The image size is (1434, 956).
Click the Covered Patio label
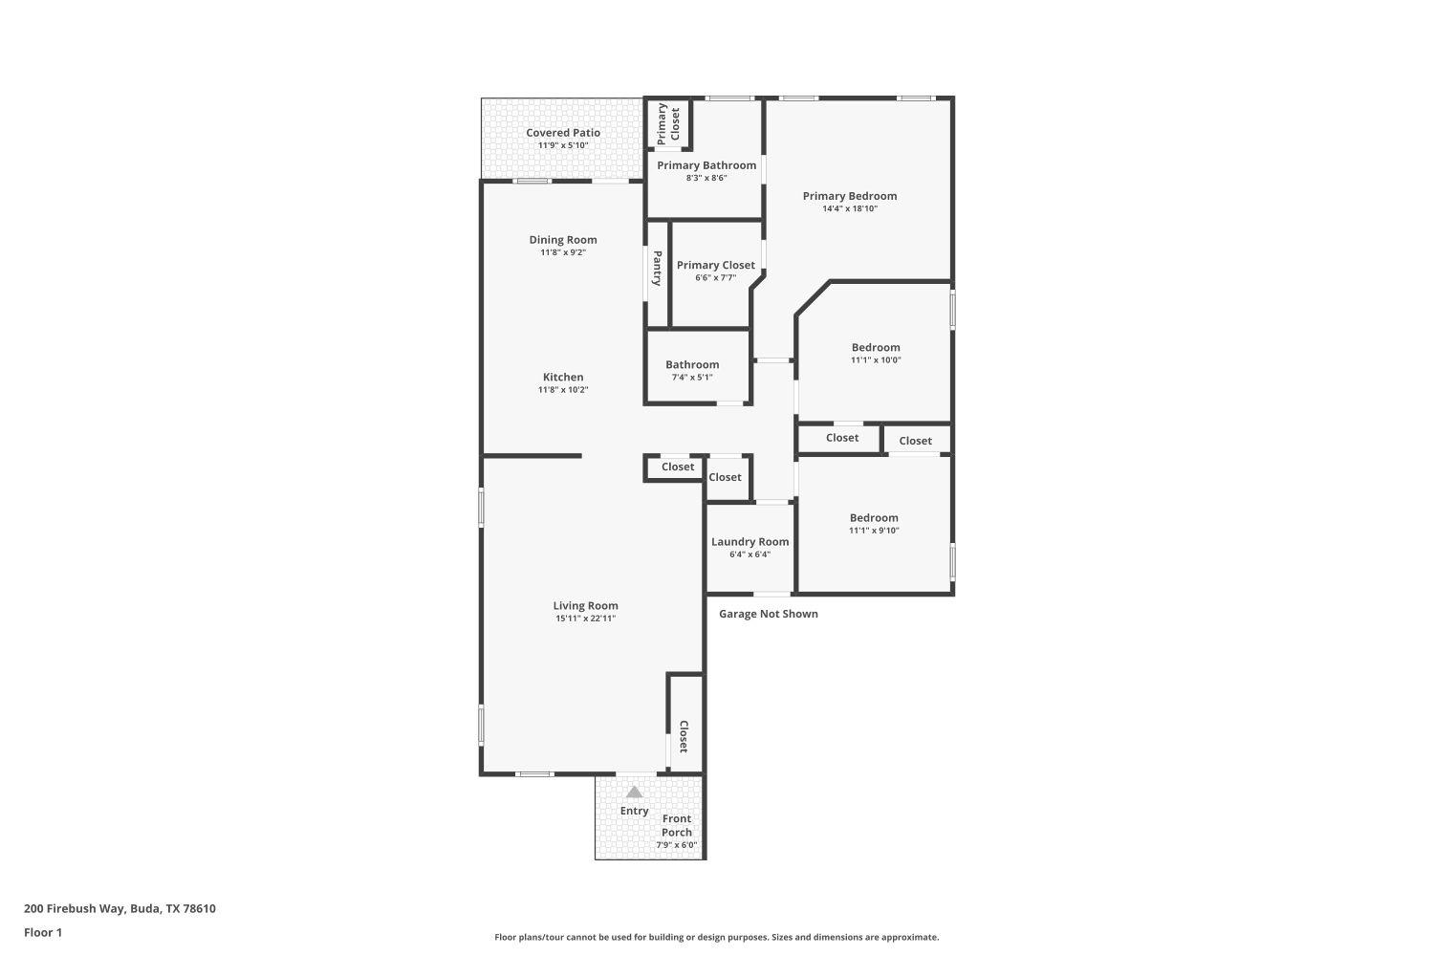point(563,133)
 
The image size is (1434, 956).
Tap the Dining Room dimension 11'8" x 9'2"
point(563,252)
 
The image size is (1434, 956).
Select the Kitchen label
point(563,377)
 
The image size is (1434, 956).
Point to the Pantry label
point(658,269)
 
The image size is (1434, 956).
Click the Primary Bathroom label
point(706,165)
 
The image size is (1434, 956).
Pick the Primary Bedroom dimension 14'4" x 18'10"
point(849,208)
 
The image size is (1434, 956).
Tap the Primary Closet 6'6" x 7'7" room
point(716,271)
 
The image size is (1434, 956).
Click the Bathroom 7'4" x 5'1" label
point(692,364)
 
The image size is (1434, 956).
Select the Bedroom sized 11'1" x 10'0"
point(875,353)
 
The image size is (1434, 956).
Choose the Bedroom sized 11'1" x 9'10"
point(874,523)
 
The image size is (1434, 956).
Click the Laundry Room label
point(750,541)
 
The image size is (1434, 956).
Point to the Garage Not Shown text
point(769,614)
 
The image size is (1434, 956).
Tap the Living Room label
point(585,605)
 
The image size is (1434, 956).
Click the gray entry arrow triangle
point(634,792)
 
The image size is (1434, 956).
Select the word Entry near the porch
point(634,811)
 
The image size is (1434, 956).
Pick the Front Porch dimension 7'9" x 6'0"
point(677,845)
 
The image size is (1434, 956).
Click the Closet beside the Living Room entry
point(684,736)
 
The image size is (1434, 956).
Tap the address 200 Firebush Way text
point(119,909)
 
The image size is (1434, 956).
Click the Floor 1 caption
point(43,932)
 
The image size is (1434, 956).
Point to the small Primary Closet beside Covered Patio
point(668,123)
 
